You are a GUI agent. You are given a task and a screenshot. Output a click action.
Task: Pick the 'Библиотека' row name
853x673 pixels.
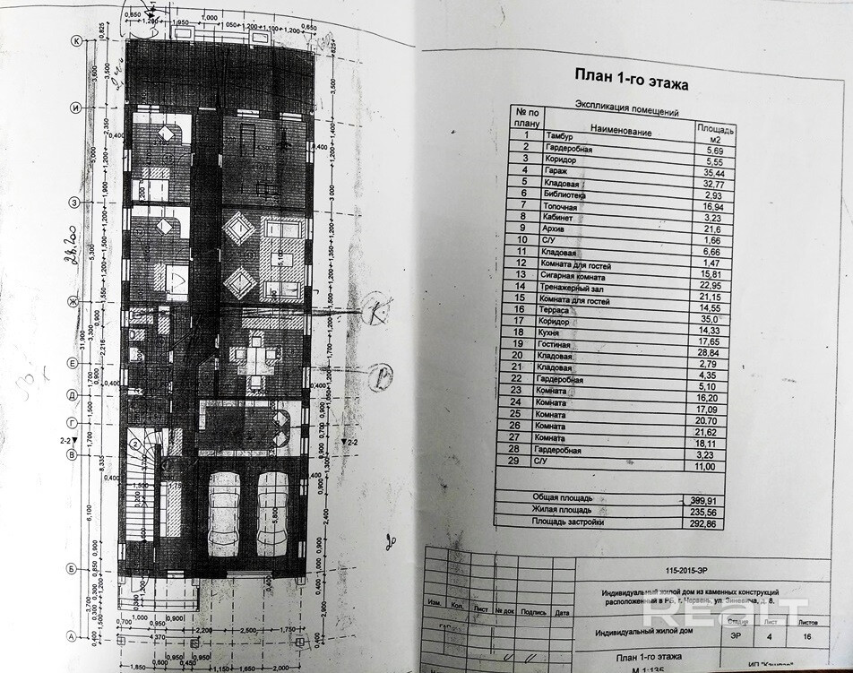tap(566, 193)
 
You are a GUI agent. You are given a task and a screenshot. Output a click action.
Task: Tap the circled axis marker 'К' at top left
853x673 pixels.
tap(77, 40)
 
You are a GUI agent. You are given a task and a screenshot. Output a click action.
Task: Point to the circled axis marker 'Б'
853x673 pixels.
tap(70, 568)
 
